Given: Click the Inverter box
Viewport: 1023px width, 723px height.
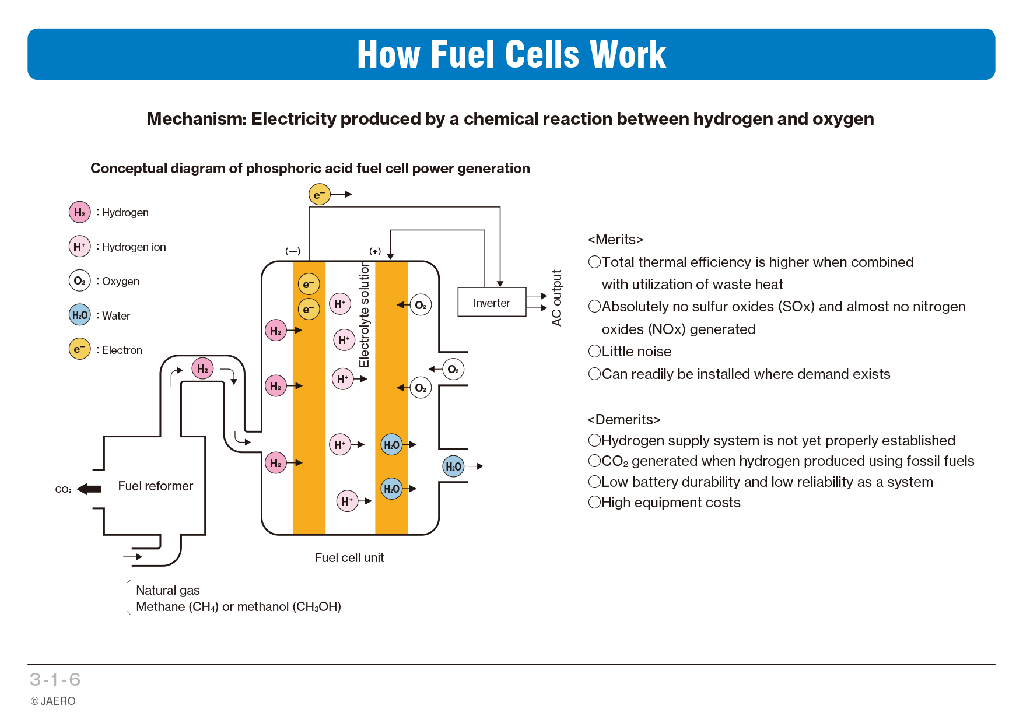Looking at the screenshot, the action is coord(492,302).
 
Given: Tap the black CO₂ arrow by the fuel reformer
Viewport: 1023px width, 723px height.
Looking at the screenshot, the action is coord(89,489).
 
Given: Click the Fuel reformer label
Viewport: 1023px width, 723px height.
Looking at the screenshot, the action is coord(155,486).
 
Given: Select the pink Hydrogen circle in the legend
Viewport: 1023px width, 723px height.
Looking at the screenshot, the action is coord(80,212).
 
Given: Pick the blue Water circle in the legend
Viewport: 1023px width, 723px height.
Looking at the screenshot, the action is coord(80,315).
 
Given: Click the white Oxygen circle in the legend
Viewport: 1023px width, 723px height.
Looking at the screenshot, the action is coord(80,280).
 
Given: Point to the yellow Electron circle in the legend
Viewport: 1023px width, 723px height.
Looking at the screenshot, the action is coord(80,349).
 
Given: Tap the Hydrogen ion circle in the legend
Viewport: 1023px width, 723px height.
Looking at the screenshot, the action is coord(80,246).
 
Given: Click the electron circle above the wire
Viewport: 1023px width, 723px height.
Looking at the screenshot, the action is coord(320,194).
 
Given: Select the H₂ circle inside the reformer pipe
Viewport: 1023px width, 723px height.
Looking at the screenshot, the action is coord(202,368).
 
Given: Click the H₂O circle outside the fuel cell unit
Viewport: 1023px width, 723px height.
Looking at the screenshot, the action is coord(453,466).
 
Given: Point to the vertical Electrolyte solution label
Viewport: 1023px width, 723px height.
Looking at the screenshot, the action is coord(365,315).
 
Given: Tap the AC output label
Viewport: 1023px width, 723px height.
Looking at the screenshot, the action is coord(556,298).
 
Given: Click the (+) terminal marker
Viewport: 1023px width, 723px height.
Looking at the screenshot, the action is coord(375,251).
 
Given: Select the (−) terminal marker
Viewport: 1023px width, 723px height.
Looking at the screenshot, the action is coord(293,251).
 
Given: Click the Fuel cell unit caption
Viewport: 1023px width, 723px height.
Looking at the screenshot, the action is coord(349,557).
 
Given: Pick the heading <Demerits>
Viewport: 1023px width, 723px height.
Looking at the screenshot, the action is coord(624,419).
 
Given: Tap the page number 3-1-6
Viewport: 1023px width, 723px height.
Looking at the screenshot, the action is coord(55,679).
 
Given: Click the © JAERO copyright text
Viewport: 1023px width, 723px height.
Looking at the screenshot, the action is coord(53,701).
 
